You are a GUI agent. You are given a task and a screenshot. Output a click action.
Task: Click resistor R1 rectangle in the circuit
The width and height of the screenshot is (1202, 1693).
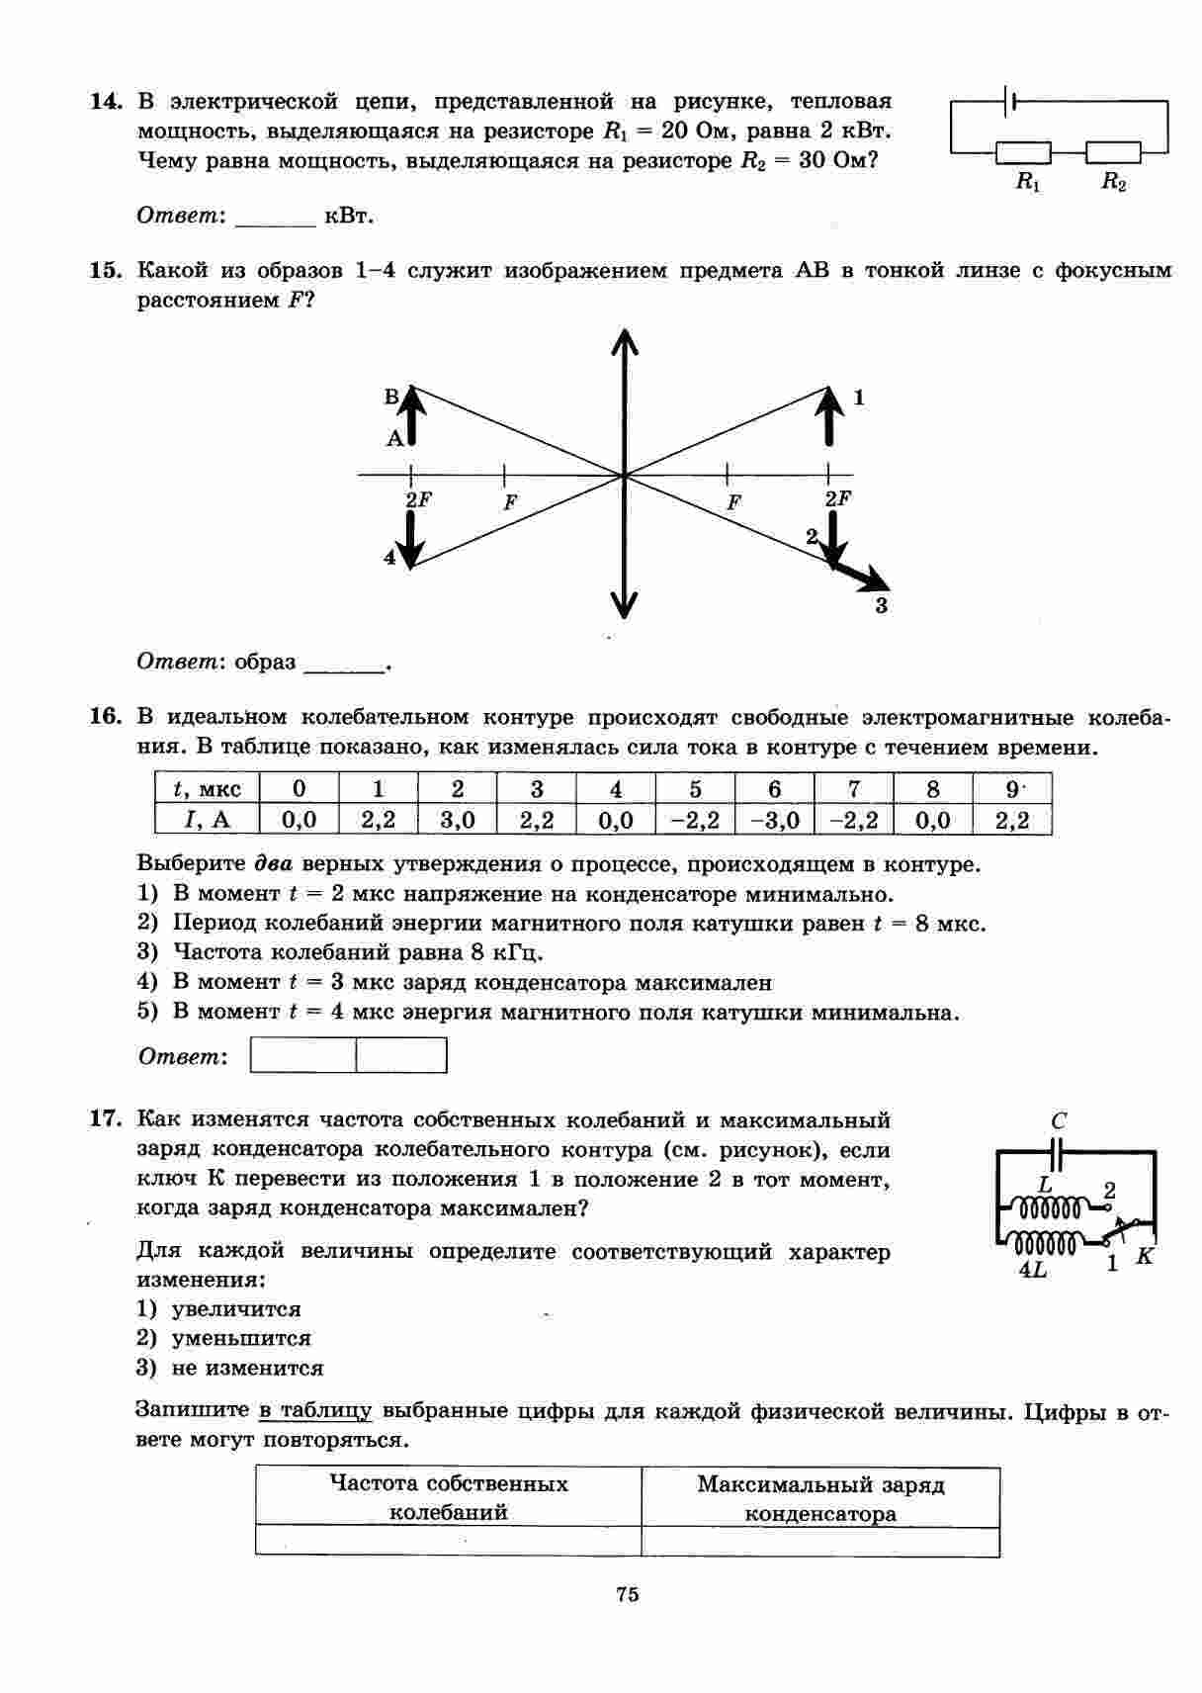(x=1023, y=152)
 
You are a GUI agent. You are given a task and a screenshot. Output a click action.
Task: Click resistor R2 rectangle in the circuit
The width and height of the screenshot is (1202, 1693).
(x=1113, y=152)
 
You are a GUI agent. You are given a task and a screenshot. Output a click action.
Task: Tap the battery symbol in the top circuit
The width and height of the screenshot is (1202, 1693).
(x=1009, y=101)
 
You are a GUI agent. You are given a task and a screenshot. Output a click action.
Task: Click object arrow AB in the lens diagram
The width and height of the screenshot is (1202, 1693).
(x=412, y=415)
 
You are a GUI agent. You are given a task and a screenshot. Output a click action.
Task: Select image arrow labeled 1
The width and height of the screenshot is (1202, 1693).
(x=829, y=415)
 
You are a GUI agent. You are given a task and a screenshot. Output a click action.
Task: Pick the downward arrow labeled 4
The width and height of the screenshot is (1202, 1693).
(x=412, y=539)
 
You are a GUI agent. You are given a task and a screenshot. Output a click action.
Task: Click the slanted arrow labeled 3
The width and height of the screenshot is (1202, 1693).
(x=858, y=576)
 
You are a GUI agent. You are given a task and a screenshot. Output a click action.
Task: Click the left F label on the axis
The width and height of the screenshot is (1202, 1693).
(x=510, y=502)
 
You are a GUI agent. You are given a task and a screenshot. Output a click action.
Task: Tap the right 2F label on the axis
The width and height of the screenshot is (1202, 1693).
(x=837, y=499)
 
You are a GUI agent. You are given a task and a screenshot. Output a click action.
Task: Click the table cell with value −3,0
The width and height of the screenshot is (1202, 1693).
(x=774, y=820)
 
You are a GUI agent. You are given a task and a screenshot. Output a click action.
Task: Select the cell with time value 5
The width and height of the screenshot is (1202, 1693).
(x=695, y=788)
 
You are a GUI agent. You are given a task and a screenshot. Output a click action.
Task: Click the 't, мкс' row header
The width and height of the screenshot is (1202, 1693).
(x=207, y=788)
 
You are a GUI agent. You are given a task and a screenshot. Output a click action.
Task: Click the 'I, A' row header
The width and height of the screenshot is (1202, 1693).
(x=207, y=820)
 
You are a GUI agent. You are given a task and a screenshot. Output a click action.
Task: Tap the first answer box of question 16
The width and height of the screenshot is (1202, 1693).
(x=303, y=1055)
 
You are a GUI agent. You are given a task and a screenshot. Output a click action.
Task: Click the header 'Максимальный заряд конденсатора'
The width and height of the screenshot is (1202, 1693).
(x=820, y=1498)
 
